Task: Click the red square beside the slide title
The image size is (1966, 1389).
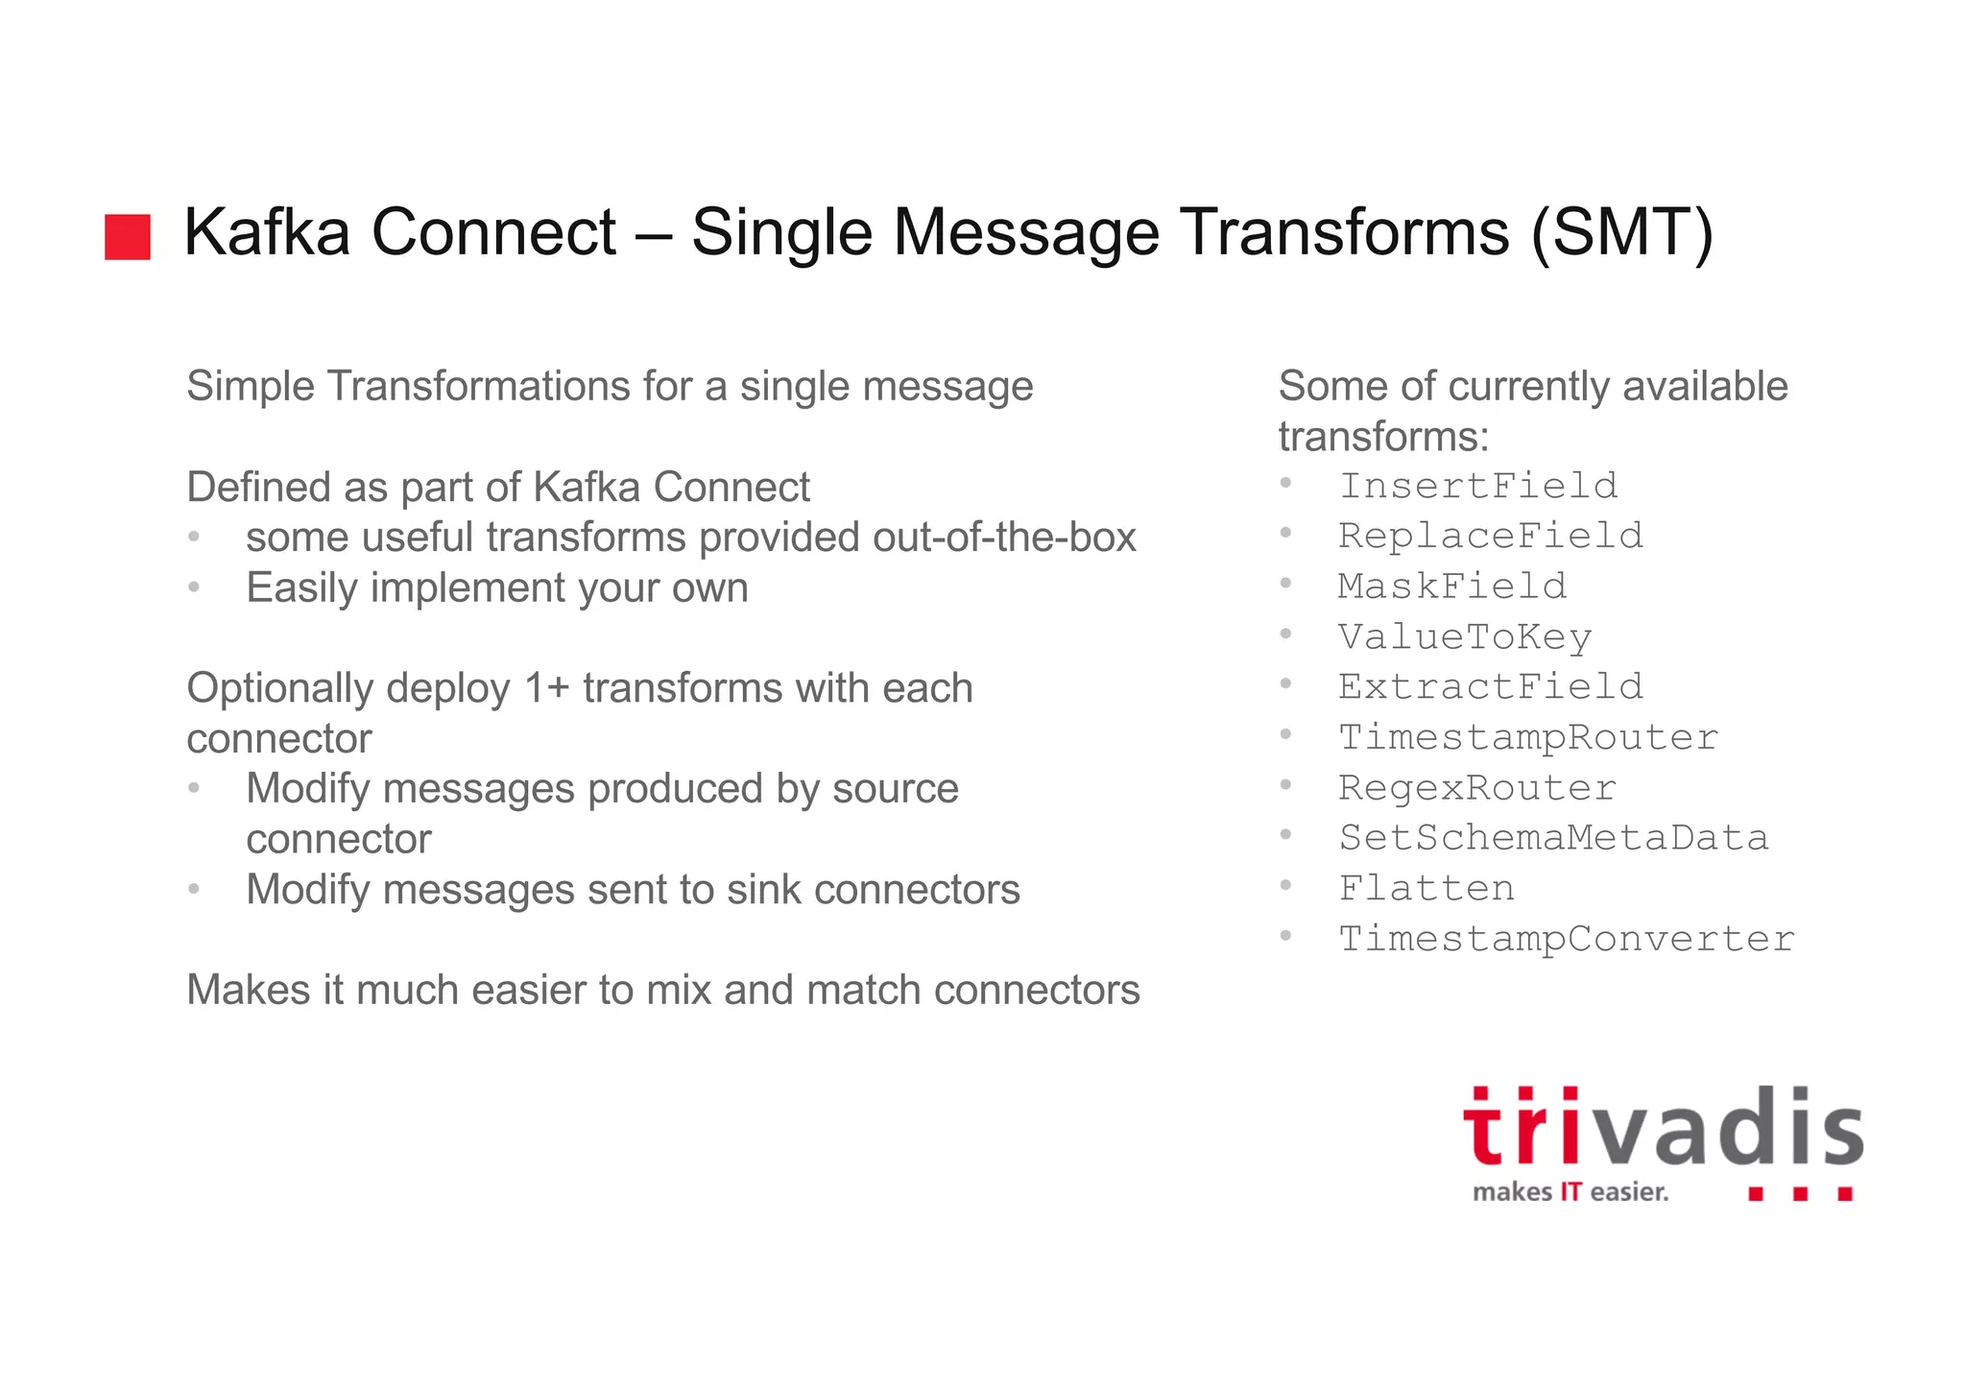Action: (x=128, y=237)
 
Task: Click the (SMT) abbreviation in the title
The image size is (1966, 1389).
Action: (x=1621, y=233)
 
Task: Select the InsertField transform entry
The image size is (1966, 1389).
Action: (x=1478, y=486)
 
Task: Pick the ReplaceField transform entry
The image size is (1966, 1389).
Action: (x=1490, y=536)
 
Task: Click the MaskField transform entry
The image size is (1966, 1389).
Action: (x=1451, y=586)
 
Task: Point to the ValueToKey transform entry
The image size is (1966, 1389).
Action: (x=1465, y=636)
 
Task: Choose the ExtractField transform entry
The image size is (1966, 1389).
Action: (x=1490, y=686)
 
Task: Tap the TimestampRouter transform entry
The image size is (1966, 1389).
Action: (x=1527, y=737)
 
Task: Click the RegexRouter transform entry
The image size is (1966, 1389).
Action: (x=1476, y=787)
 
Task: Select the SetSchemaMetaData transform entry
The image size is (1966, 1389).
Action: (x=1553, y=838)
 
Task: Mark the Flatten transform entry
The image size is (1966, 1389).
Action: (x=1427, y=888)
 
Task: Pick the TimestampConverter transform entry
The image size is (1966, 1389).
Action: (x=1566, y=939)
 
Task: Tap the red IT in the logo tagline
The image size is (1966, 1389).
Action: (x=1570, y=1192)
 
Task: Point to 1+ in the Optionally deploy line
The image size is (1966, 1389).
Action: (x=546, y=688)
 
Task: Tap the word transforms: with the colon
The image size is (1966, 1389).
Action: (x=1383, y=437)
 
